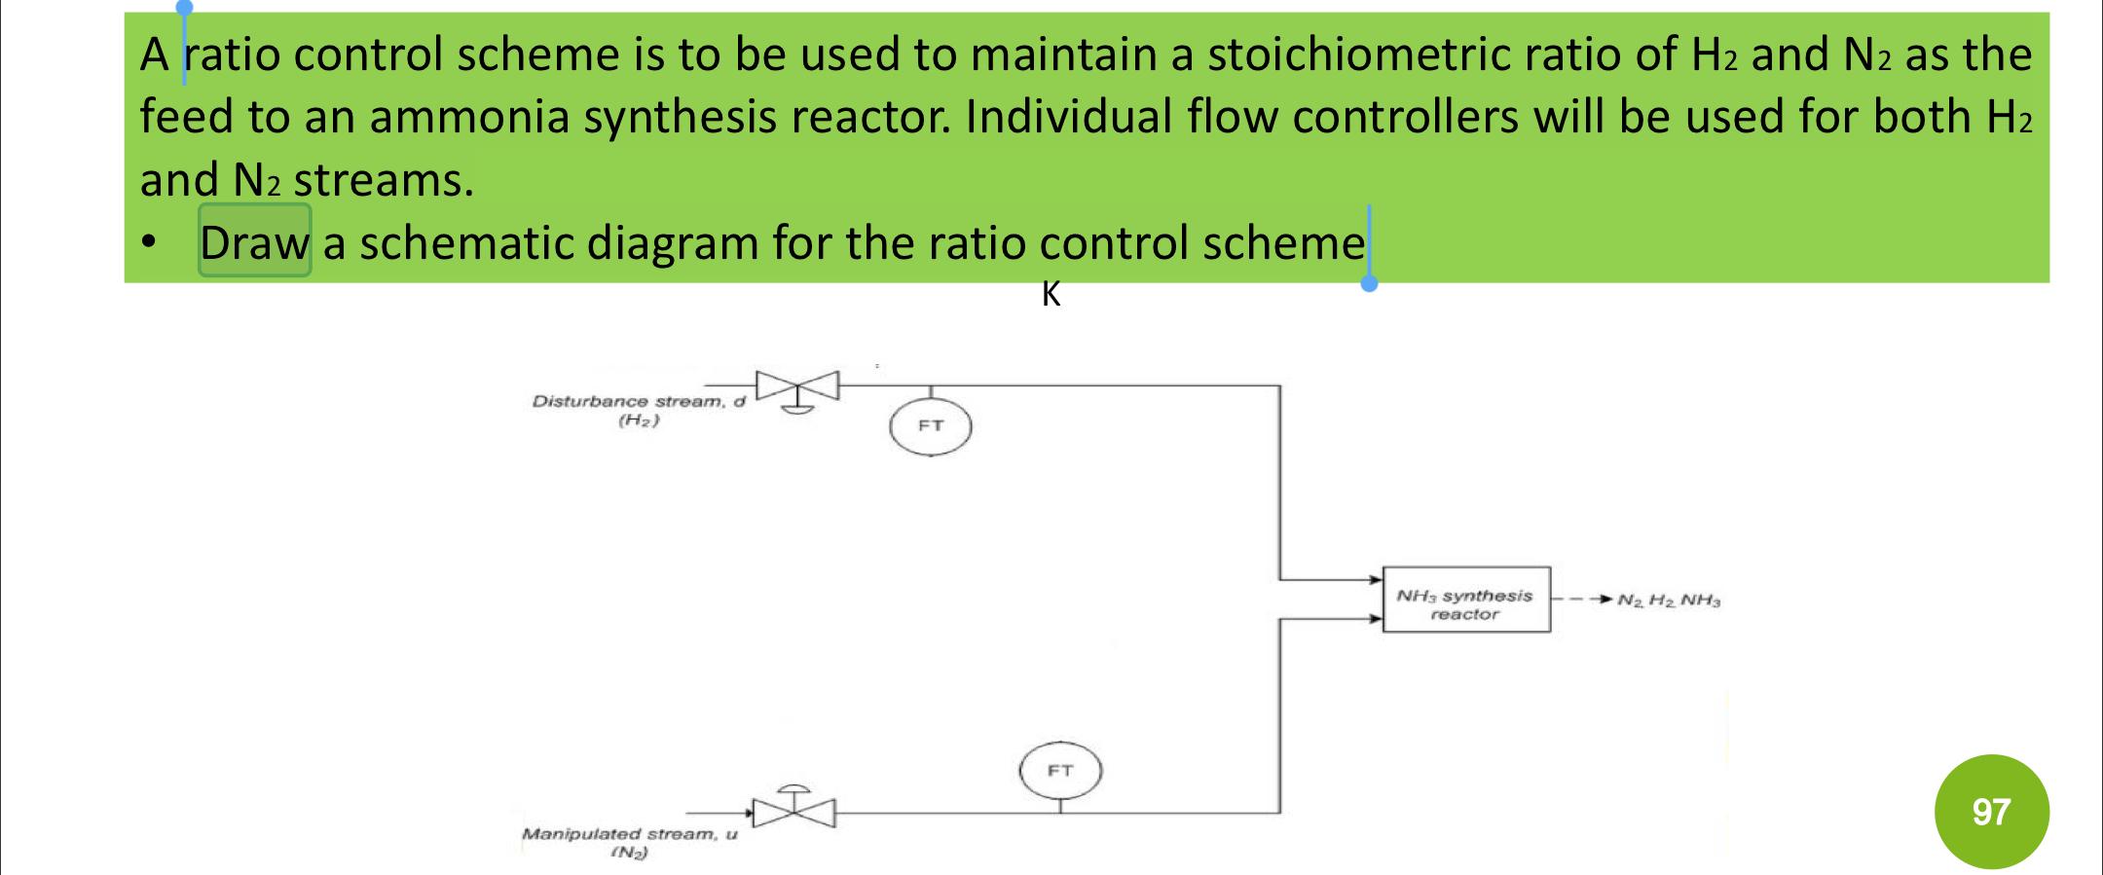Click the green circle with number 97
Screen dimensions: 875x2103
(1990, 811)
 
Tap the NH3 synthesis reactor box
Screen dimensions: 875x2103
(1465, 600)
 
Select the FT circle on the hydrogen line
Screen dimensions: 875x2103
(930, 426)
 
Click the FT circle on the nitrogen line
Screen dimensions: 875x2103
(1060, 771)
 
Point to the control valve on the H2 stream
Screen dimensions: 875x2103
(798, 387)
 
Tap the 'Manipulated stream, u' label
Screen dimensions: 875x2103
(629, 834)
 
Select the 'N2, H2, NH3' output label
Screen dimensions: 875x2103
(1669, 601)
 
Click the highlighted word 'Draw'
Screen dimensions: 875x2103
(254, 241)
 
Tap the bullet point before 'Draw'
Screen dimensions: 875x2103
(148, 242)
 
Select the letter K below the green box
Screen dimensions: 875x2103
(1051, 294)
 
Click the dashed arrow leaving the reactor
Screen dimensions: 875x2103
(1583, 599)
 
